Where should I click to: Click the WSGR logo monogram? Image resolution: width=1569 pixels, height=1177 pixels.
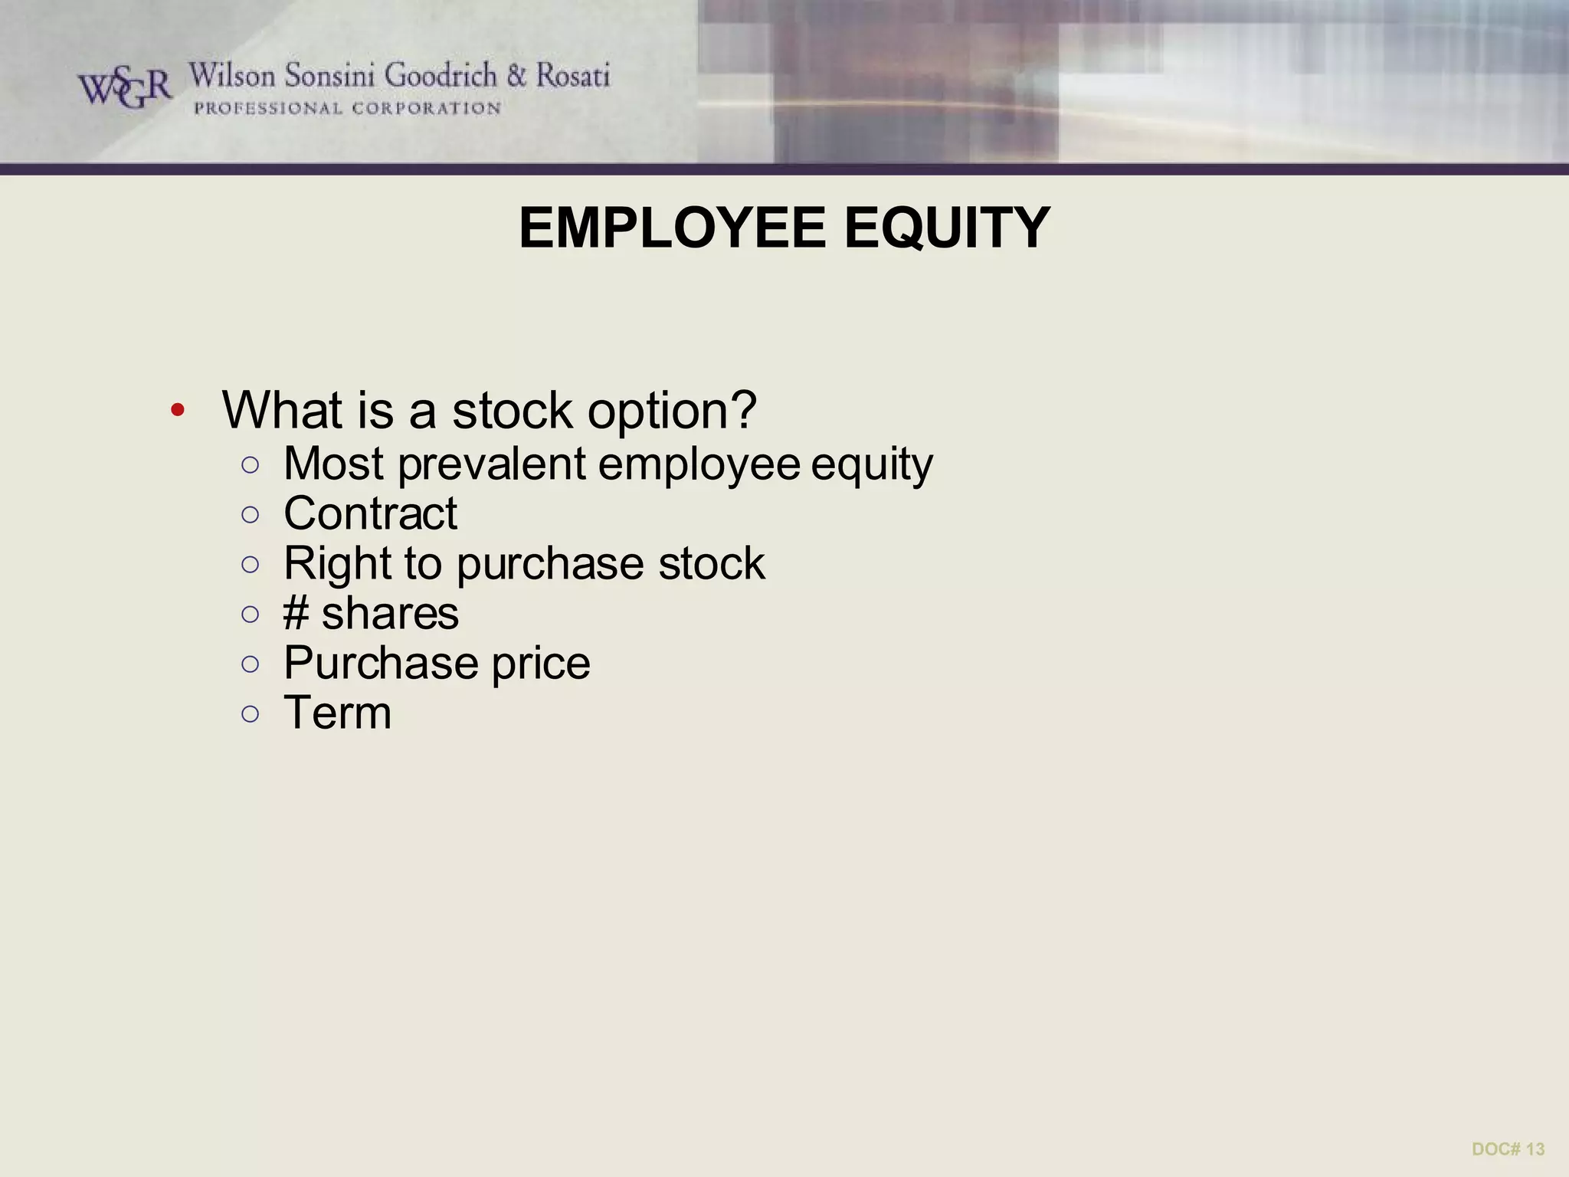pos(125,88)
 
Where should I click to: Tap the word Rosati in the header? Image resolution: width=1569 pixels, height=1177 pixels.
pos(572,76)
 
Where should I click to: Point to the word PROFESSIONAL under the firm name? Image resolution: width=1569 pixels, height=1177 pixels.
pos(268,109)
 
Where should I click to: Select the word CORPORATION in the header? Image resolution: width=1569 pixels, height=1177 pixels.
pos(427,109)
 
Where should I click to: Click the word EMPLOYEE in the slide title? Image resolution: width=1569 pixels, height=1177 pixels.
pos(673,228)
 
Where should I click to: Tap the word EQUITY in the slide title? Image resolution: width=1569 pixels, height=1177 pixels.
pos(947,228)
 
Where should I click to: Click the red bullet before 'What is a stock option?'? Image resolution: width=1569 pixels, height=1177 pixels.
pos(178,411)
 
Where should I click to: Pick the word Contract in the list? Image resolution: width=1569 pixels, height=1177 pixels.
pos(370,513)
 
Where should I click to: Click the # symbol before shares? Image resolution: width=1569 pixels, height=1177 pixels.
pos(296,614)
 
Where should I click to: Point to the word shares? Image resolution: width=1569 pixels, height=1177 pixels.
pos(390,614)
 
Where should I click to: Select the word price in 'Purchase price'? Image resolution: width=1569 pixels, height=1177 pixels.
pos(541,664)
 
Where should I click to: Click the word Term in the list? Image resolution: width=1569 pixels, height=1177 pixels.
pos(337,713)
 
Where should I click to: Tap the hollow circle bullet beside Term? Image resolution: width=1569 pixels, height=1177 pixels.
pos(250,714)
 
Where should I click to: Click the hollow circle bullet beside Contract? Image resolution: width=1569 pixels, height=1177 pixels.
pos(250,514)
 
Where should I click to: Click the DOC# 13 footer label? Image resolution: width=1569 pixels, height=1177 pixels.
pos(1508,1149)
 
